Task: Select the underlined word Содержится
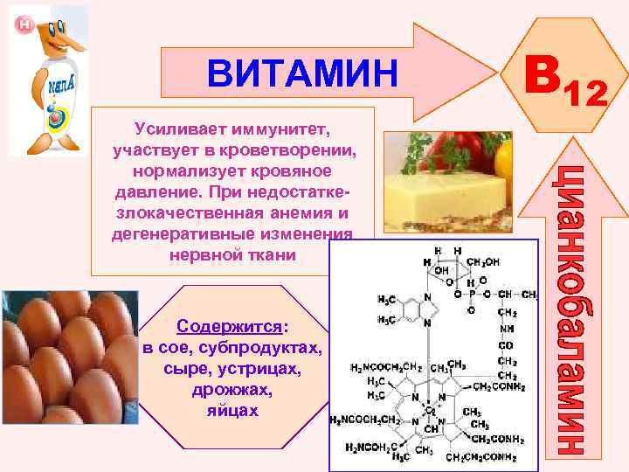(230, 326)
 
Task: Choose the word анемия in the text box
(298, 213)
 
